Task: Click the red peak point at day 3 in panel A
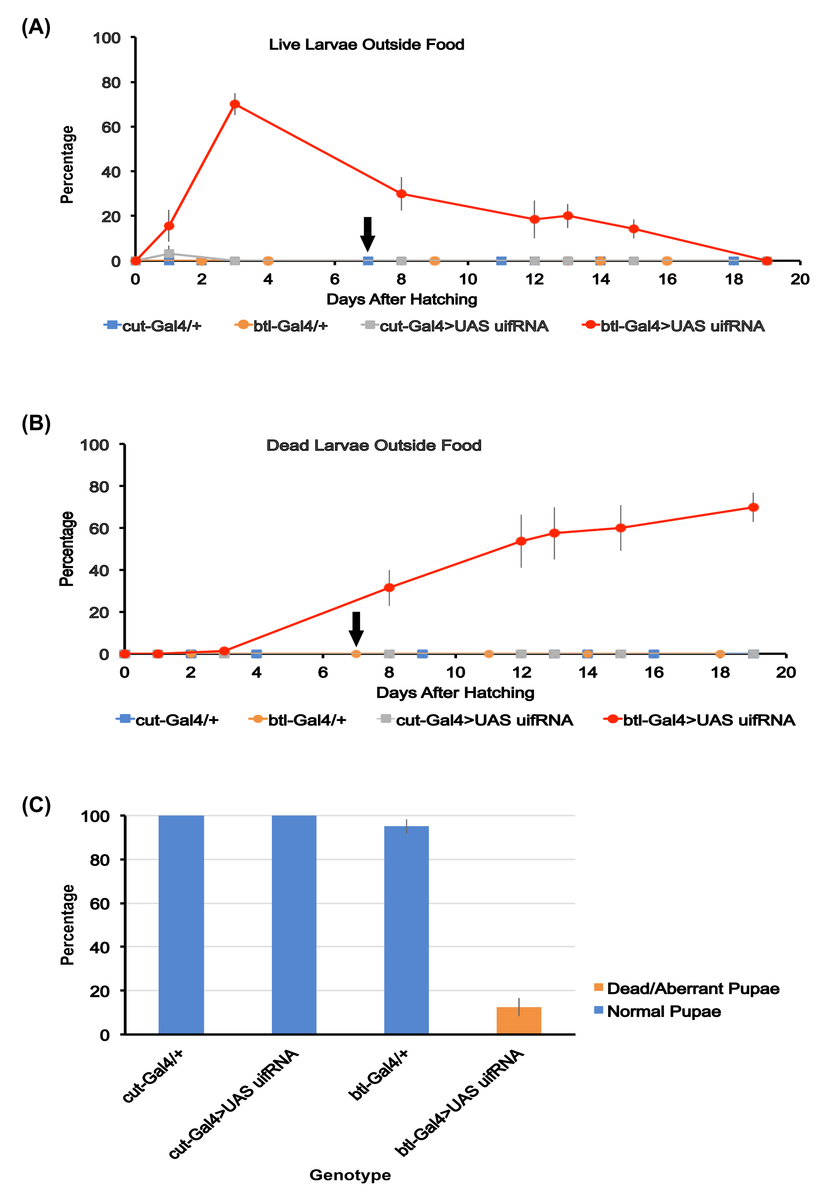(x=235, y=104)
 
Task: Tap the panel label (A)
(x=36, y=27)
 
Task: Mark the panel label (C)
(x=36, y=805)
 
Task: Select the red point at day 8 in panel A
(x=401, y=194)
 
